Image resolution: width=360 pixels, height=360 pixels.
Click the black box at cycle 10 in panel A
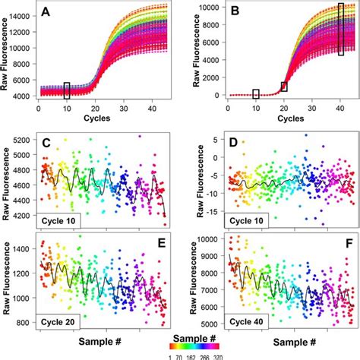tap(68, 90)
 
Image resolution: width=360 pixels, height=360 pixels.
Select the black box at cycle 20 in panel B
tap(284, 86)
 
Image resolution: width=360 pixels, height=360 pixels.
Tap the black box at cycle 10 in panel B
tap(256, 94)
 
